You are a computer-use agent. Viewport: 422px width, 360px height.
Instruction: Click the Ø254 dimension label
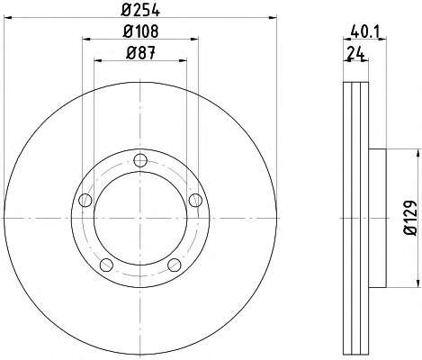(140, 10)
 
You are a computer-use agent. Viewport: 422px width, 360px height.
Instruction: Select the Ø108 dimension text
(140, 31)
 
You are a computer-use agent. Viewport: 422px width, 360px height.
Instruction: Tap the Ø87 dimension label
(141, 53)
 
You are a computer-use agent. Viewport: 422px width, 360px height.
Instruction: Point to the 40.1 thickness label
(365, 31)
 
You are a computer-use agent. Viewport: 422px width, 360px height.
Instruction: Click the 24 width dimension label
(355, 53)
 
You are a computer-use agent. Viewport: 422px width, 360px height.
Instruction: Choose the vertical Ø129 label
(410, 218)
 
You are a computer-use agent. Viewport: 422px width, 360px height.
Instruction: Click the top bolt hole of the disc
(140, 160)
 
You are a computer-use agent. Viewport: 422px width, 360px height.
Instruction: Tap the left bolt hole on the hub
(85, 200)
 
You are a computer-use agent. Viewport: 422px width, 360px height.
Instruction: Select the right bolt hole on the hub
(195, 200)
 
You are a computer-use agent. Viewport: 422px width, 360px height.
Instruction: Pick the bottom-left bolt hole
(106, 265)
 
